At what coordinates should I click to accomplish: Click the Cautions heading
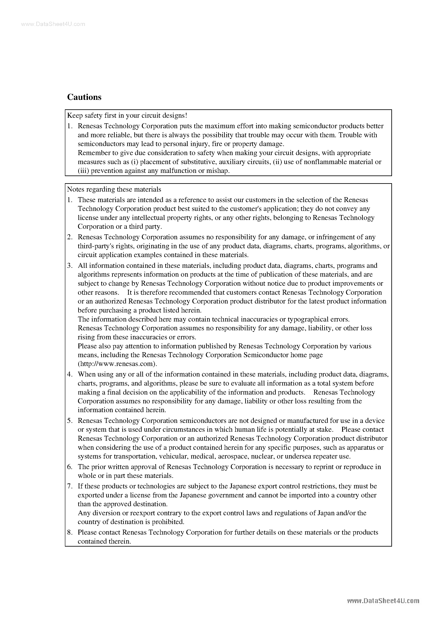pos(84,97)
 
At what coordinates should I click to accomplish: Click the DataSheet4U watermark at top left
pos(53,24)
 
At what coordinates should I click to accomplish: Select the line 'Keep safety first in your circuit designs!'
pos(127,115)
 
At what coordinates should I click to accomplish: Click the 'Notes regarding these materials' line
pos(114,189)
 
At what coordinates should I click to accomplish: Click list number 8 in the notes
pos(70,532)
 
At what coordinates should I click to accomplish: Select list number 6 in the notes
pos(70,467)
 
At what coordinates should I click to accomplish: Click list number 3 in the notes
pos(70,266)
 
